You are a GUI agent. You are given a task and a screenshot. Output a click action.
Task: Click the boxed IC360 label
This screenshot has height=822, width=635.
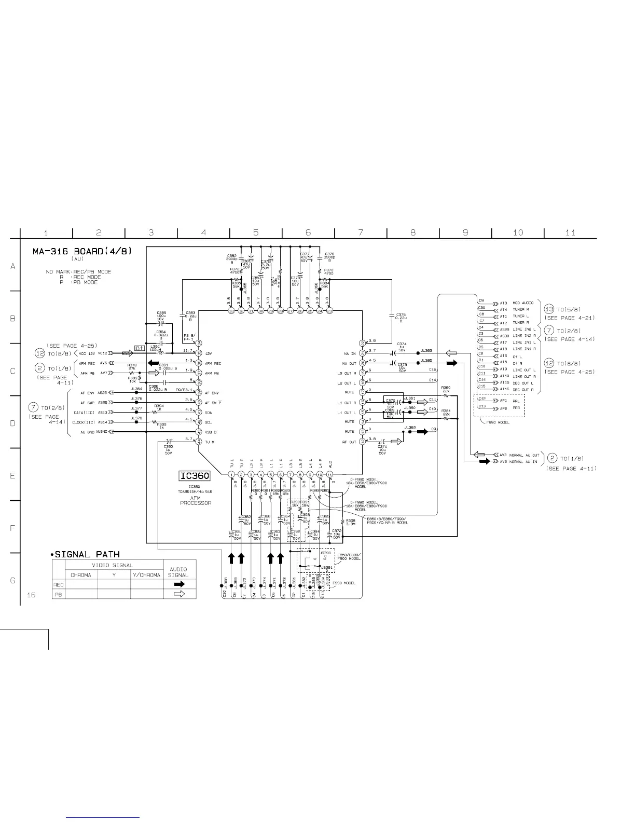[x=195, y=476]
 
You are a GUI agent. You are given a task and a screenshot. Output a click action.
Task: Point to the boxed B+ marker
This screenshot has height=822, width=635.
[x=140, y=348]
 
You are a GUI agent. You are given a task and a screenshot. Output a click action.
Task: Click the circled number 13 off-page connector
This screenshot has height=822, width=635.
[x=549, y=309]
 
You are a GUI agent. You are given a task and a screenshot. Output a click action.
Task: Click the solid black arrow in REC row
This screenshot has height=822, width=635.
[x=179, y=584]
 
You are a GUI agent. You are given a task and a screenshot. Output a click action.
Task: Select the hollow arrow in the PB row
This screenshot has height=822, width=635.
[x=179, y=594]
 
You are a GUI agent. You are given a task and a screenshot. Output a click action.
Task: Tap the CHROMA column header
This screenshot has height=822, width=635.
[x=80, y=575]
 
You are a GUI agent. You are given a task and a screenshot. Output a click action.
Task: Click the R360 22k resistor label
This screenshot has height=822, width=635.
[x=445, y=390]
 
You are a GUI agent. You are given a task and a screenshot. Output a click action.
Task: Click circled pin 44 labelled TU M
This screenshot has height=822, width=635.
[x=198, y=442]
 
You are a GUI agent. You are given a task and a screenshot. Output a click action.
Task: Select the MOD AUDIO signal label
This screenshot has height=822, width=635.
[x=523, y=303]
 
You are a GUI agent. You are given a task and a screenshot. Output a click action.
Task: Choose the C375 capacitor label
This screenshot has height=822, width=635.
[x=401, y=317]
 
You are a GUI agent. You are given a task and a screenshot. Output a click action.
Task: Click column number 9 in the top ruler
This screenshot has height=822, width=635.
[x=465, y=232]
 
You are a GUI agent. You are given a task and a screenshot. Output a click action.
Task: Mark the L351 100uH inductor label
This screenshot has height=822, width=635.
[x=155, y=348]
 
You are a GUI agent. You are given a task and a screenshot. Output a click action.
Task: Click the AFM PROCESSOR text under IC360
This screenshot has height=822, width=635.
[x=196, y=500]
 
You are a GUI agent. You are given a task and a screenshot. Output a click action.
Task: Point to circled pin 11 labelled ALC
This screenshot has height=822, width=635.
[x=329, y=474]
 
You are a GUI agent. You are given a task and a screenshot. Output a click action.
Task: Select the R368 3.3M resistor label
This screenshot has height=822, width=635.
[x=351, y=522]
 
